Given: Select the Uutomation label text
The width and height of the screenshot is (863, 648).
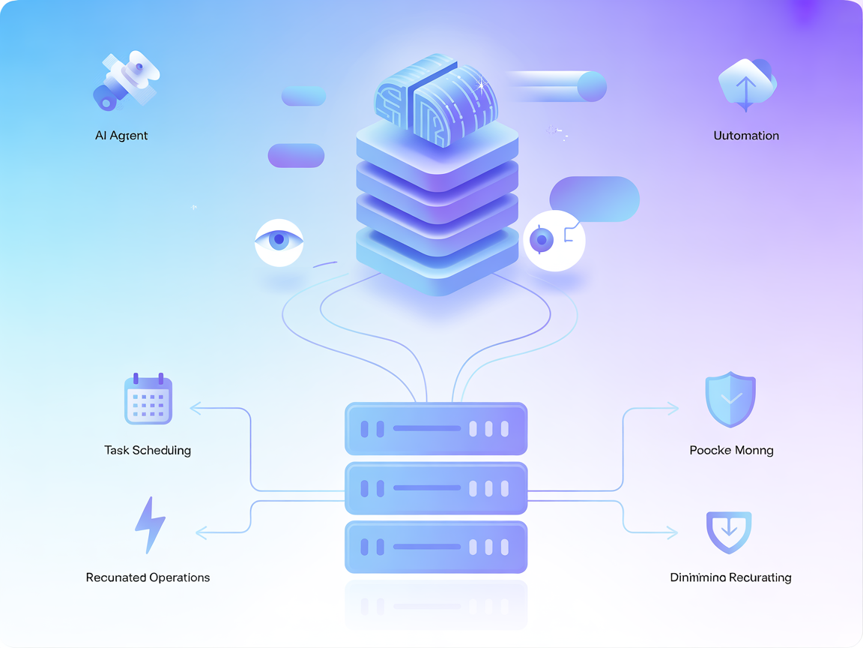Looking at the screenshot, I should [746, 136].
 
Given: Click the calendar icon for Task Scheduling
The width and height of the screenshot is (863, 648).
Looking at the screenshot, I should [148, 400].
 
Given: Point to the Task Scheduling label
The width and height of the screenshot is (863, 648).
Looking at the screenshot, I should [148, 451].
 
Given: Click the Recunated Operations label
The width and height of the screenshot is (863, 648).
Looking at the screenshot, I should [148, 577].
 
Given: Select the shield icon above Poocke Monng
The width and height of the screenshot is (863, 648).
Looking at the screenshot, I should [730, 400].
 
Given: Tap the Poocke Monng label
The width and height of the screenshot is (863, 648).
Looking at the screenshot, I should [731, 451].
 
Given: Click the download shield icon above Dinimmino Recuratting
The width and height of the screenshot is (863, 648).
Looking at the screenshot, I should [729, 532].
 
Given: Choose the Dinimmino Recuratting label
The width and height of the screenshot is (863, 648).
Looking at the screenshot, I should [730, 577].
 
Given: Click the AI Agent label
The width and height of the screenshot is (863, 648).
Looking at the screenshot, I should [121, 136].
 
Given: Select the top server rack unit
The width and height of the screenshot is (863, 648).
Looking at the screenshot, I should [436, 429].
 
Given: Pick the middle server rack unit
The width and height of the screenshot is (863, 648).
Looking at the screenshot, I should [436, 487].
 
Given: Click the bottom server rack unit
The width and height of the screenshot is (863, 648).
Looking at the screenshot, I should [436, 547].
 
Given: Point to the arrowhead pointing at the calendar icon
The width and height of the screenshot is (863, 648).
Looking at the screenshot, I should [196, 409].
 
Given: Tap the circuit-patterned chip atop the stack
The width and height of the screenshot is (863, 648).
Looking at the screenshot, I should [437, 99].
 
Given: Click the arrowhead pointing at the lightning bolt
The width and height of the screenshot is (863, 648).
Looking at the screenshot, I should [201, 532].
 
